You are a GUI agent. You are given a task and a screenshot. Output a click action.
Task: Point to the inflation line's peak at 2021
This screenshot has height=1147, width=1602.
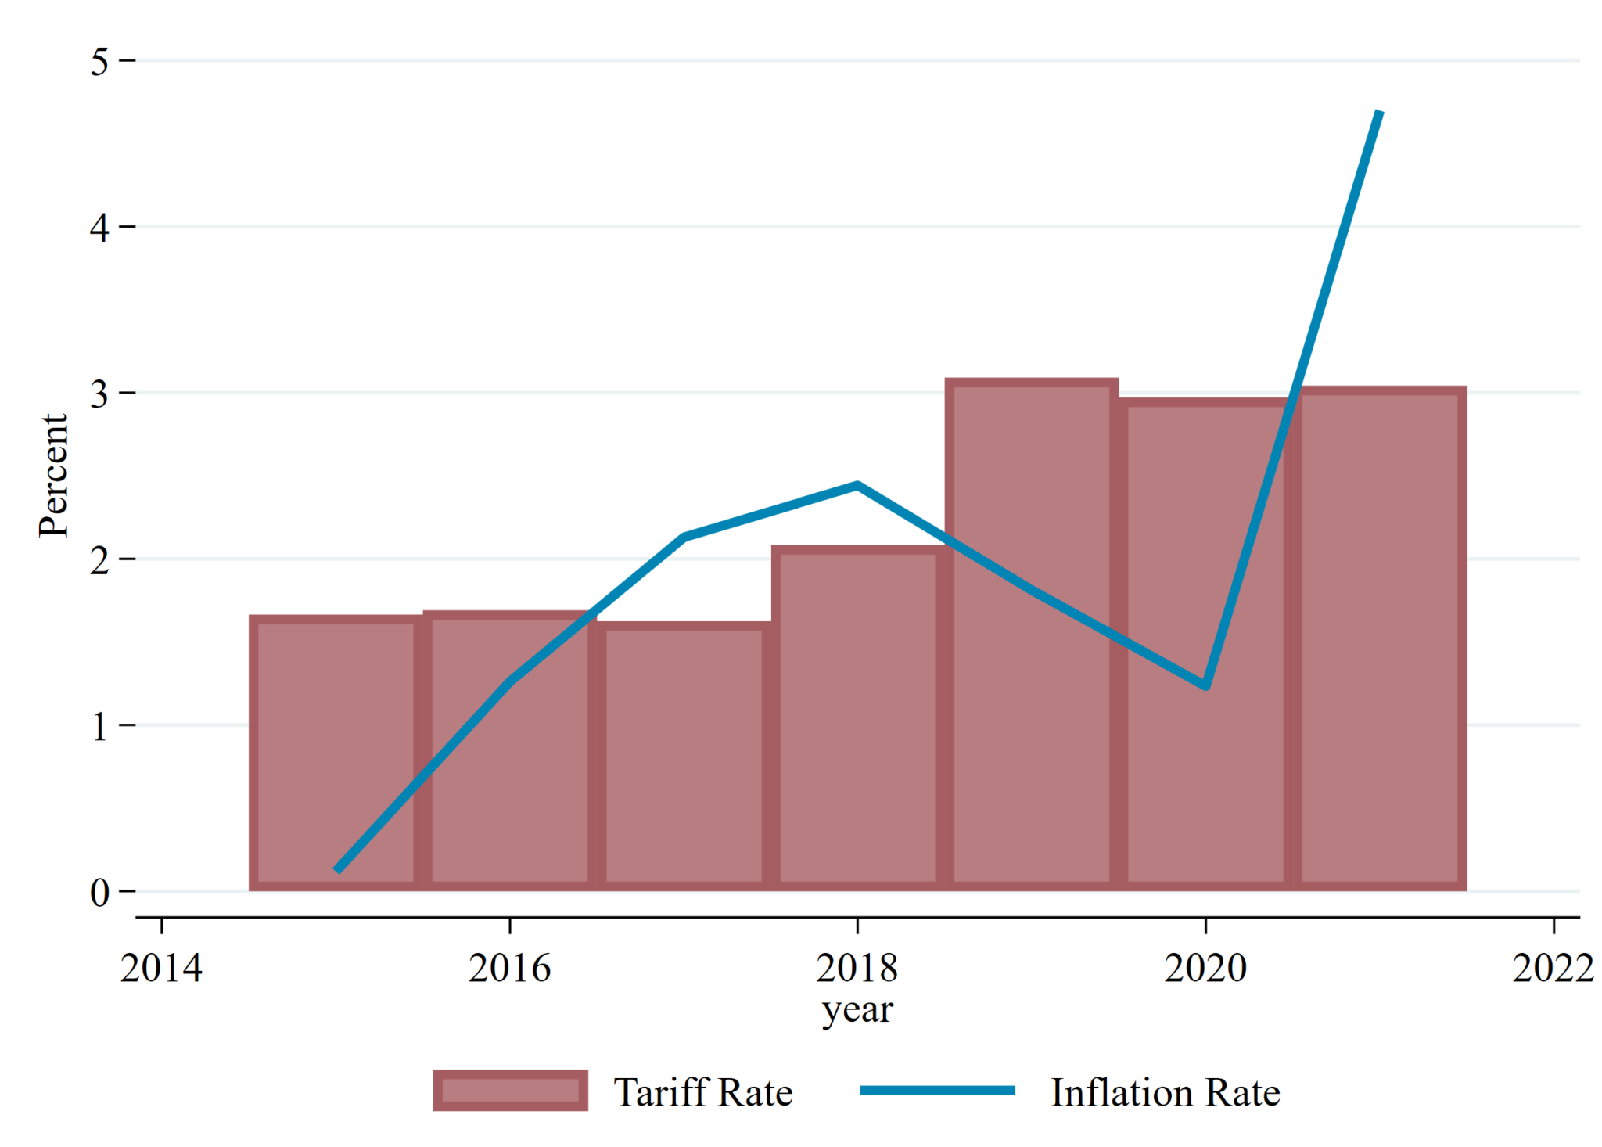[x=1379, y=113]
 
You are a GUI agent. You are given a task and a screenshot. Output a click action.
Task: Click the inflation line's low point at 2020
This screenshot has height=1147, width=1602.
[x=1205, y=685]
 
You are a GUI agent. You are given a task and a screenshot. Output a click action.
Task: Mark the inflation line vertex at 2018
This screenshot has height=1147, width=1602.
[x=857, y=485]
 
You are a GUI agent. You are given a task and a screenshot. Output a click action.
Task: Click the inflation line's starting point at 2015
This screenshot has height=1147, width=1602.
[x=337, y=869]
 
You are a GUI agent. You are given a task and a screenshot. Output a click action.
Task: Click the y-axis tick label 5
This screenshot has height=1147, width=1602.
[x=99, y=61]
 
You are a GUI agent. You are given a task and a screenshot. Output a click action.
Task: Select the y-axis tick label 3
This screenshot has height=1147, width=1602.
[x=99, y=394]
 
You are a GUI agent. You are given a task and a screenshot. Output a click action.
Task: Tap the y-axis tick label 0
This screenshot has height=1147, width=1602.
[x=99, y=892]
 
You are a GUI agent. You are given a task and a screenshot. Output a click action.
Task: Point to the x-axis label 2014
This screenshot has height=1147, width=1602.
[x=161, y=968]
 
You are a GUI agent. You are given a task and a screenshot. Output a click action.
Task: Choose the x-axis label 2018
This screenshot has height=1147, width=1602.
[x=857, y=968]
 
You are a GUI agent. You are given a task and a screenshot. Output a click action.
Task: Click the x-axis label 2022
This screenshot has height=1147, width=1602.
[x=1553, y=968]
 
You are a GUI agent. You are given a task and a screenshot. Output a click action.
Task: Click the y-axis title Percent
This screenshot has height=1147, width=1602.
[x=54, y=475]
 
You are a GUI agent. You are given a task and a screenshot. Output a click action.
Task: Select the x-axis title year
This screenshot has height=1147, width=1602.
[x=857, y=1010]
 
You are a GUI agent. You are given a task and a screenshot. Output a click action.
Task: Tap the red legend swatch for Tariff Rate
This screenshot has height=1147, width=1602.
[x=510, y=1090]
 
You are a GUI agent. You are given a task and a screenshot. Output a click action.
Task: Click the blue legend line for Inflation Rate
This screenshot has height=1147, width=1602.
[x=937, y=1090]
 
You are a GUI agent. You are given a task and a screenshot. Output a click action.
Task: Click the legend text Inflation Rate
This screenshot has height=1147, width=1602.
[x=1165, y=1092]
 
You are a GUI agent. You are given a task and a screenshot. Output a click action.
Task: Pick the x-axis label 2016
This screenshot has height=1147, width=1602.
[x=509, y=968]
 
